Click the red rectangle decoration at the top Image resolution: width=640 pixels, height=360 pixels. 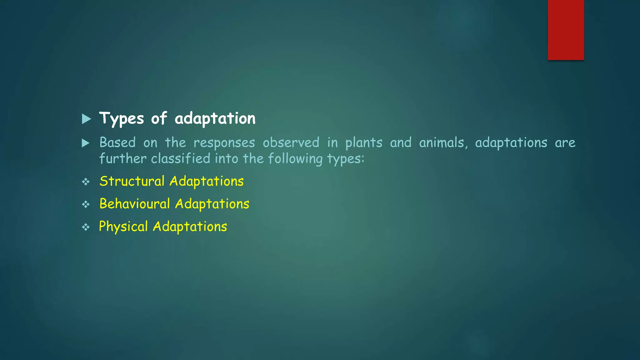[x=566, y=30]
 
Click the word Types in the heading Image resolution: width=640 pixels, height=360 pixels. [x=122, y=119]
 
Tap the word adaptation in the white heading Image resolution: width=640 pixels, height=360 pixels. [x=215, y=118]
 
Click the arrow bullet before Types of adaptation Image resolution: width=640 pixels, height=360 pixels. [x=86, y=119]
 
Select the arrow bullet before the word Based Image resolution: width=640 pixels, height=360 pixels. [x=86, y=143]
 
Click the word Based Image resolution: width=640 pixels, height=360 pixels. [x=117, y=143]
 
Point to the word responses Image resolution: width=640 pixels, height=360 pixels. [x=224, y=143]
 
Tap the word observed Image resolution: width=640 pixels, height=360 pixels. [x=291, y=143]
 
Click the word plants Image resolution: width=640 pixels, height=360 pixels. [x=364, y=143]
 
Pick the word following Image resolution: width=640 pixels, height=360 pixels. [x=295, y=159]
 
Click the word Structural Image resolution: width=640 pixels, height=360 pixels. [x=132, y=182]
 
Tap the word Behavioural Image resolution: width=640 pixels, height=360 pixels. [x=135, y=204]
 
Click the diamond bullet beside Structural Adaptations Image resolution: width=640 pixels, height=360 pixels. [x=86, y=182]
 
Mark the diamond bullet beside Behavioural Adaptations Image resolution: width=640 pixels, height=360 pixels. [x=86, y=204]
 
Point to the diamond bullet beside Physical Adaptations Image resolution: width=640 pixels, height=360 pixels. [x=86, y=227]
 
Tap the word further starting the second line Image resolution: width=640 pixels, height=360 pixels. [x=123, y=159]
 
